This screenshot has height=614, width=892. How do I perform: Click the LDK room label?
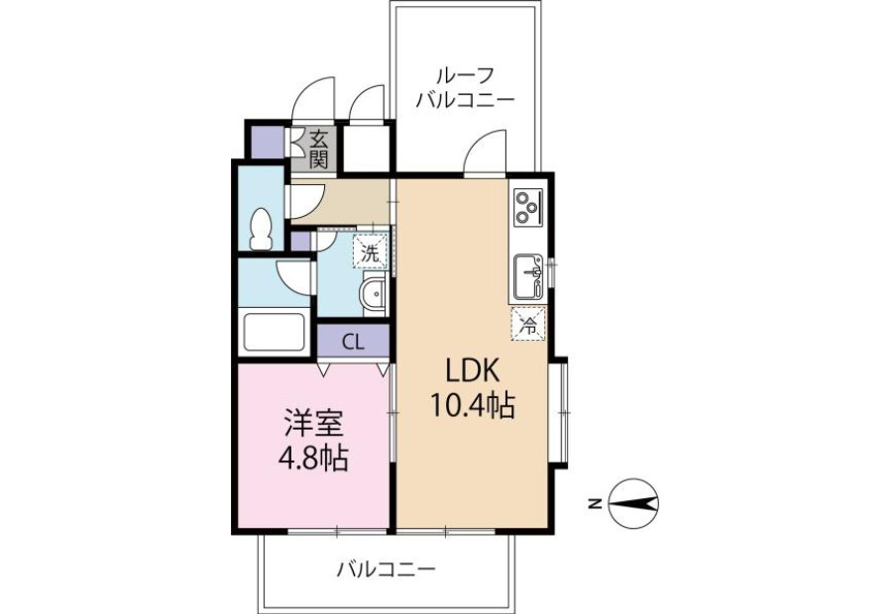pyautogui.click(x=472, y=371)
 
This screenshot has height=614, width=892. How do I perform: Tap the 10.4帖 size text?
pyautogui.click(x=472, y=406)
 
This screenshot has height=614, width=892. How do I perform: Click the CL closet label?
pyautogui.click(x=353, y=343)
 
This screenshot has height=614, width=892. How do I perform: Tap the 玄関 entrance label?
pyautogui.click(x=319, y=149)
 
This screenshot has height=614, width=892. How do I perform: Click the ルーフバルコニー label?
pyautogui.click(x=465, y=88)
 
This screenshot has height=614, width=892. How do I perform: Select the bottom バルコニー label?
pyautogui.click(x=387, y=568)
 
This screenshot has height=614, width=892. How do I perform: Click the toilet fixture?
pyautogui.click(x=261, y=229)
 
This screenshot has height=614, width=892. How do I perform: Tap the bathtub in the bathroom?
pyautogui.click(x=275, y=333)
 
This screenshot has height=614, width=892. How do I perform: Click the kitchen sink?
pyautogui.click(x=528, y=277)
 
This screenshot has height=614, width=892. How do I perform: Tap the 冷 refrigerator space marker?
pyautogui.click(x=528, y=324)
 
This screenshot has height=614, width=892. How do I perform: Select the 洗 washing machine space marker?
pyautogui.click(x=371, y=252)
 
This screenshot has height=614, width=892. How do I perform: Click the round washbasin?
pyautogui.click(x=374, y=294)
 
